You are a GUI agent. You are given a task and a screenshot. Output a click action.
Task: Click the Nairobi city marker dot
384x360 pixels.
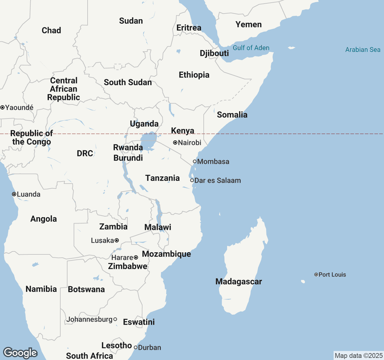175,143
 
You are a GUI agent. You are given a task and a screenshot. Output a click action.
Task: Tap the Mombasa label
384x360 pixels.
213,162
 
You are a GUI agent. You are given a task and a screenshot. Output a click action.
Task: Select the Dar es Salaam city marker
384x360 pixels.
192,180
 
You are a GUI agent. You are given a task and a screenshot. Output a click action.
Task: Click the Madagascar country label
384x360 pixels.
238,281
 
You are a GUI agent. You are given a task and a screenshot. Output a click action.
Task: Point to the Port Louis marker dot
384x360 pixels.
316,274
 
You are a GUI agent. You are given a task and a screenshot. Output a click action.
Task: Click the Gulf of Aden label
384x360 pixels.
251,48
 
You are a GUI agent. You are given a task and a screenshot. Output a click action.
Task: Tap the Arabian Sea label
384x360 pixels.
363,50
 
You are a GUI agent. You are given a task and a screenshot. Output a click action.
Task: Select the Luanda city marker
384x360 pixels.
14,194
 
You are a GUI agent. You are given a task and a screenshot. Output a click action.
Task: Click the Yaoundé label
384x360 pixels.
19,107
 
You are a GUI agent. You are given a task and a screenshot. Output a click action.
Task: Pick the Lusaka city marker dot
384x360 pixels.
117,240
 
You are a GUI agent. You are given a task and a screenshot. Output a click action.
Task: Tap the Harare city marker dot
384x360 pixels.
136,257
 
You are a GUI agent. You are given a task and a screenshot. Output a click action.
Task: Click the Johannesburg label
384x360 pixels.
89,319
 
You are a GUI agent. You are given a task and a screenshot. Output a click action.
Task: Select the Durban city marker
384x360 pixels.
136,347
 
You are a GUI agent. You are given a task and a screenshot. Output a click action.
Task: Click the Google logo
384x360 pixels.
20,353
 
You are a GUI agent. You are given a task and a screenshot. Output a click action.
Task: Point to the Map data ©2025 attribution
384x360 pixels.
358,356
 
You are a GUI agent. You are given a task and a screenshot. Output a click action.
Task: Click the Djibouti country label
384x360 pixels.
214,53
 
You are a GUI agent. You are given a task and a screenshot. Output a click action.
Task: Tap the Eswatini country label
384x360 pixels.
139,322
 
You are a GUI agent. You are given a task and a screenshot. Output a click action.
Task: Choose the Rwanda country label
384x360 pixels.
128,147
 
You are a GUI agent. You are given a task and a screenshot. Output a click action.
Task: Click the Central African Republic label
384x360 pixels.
64,89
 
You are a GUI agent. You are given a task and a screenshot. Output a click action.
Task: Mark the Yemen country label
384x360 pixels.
248,25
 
